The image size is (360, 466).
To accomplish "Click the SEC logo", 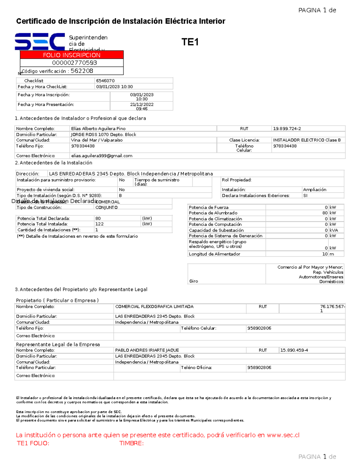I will [40, 41].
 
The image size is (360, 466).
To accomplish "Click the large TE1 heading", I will [190, 42].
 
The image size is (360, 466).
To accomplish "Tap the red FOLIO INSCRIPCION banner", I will [72, 55].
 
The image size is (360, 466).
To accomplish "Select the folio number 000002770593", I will [74, 63].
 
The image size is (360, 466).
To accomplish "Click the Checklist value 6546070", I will [105, 81].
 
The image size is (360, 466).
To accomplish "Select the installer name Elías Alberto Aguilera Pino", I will [98, 128].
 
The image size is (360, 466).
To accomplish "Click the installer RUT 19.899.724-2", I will [287, 128].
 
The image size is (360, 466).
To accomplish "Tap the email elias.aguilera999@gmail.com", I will [102, 156].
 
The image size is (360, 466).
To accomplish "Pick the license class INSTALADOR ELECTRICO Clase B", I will [307, 140].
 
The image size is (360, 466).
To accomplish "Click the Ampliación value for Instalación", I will [314, 190].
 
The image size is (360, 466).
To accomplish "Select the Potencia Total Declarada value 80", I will [98, 218].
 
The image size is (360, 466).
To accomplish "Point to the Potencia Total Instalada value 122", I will [99, 224].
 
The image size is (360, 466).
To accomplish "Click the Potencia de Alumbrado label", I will [213, 213].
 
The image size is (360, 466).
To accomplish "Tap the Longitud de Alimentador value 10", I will [325, 254].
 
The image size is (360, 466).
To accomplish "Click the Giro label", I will [193, 281].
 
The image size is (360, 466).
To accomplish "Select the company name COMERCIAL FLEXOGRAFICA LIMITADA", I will [154, 307].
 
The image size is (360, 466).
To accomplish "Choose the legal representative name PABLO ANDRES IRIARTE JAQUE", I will [147, 350].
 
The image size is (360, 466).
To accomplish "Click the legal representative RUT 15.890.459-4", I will [294, 350].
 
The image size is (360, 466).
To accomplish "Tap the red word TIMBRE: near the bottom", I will [131, 443].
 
